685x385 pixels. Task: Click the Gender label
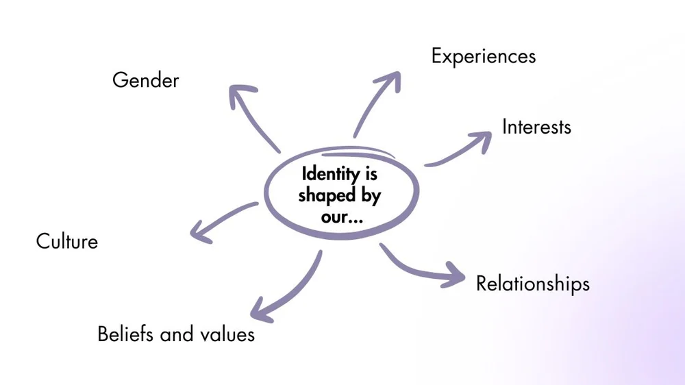point(145,81)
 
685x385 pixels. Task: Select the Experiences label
point(483,56)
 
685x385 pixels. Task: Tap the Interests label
point(536,127)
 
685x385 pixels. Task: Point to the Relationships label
point(532,283)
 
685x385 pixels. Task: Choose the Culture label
point(67,241)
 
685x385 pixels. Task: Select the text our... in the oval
point(341,216)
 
